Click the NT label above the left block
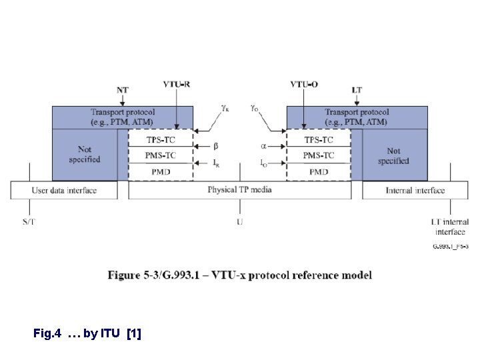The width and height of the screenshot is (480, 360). click(x=123, y=89)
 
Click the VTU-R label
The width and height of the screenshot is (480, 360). click(x=177, y=83)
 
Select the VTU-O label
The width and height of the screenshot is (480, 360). click(x=304, y=83)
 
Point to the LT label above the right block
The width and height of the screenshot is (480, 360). click(x=357, y=89)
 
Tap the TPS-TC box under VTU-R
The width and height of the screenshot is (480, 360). click(x=160, y=140)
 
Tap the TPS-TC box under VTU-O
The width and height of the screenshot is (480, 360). click(x=319, y=140)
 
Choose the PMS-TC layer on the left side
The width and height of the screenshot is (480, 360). click(x=160, y=155)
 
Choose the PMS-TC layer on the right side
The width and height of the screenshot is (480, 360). click(x=319, y=155)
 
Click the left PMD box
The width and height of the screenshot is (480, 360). click(x=160, y=171)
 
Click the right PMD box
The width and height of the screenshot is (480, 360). click(x=319, y=171)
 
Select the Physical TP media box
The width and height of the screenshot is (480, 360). click(x=239, y=190)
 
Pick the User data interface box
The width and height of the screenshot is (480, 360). click(x=65, y=191)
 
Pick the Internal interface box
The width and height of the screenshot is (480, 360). click(x=415, y=191)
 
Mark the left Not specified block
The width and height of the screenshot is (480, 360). click(x=85, y=155)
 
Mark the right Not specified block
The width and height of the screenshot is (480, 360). click(x=393, y=156)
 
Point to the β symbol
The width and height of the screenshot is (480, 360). click(x=215, y=145)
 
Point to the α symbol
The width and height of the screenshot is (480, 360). click(x=263, y=145)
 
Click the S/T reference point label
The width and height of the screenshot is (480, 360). click(x=29, y=222)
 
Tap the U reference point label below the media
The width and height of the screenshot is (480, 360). click(x=239, y=222)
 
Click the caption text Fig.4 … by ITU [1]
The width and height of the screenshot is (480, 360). click(x=87, y=333)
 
